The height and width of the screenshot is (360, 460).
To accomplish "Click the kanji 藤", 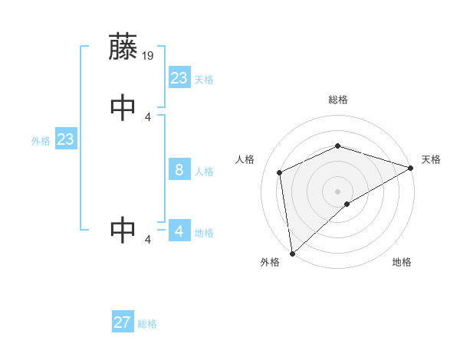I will (123, 47).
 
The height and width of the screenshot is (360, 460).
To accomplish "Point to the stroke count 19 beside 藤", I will (149, 55).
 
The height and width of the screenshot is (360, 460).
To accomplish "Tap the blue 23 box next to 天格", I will (179, 78).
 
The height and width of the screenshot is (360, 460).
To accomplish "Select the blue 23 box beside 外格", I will (65, 139).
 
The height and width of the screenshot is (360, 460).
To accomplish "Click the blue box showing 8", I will (179, 170).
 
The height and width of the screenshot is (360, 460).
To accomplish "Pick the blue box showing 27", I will (123, 322).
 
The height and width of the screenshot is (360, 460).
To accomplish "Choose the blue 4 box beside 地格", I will (179, 231).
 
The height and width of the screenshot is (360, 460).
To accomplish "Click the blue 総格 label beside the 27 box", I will (147, 324).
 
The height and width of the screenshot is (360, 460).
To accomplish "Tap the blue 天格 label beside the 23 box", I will (204, 80).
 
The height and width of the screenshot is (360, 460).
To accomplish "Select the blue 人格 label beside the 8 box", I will (204, 172).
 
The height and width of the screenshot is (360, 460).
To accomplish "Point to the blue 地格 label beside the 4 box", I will (204, 232).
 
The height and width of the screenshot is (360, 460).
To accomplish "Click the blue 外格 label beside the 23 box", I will (41, 141).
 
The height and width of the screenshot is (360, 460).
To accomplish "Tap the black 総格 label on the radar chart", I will (337, 100).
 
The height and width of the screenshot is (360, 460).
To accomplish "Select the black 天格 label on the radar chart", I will (431, 159).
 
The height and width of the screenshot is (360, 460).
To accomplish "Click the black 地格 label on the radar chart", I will (402, 262).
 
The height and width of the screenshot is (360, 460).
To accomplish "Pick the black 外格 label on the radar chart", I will (270, 262).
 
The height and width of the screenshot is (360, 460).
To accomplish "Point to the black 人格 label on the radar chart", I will (245, 159).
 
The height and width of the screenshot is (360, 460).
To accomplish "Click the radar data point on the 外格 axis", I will (292, 253).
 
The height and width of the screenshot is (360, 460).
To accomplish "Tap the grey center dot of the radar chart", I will (337, 191).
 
